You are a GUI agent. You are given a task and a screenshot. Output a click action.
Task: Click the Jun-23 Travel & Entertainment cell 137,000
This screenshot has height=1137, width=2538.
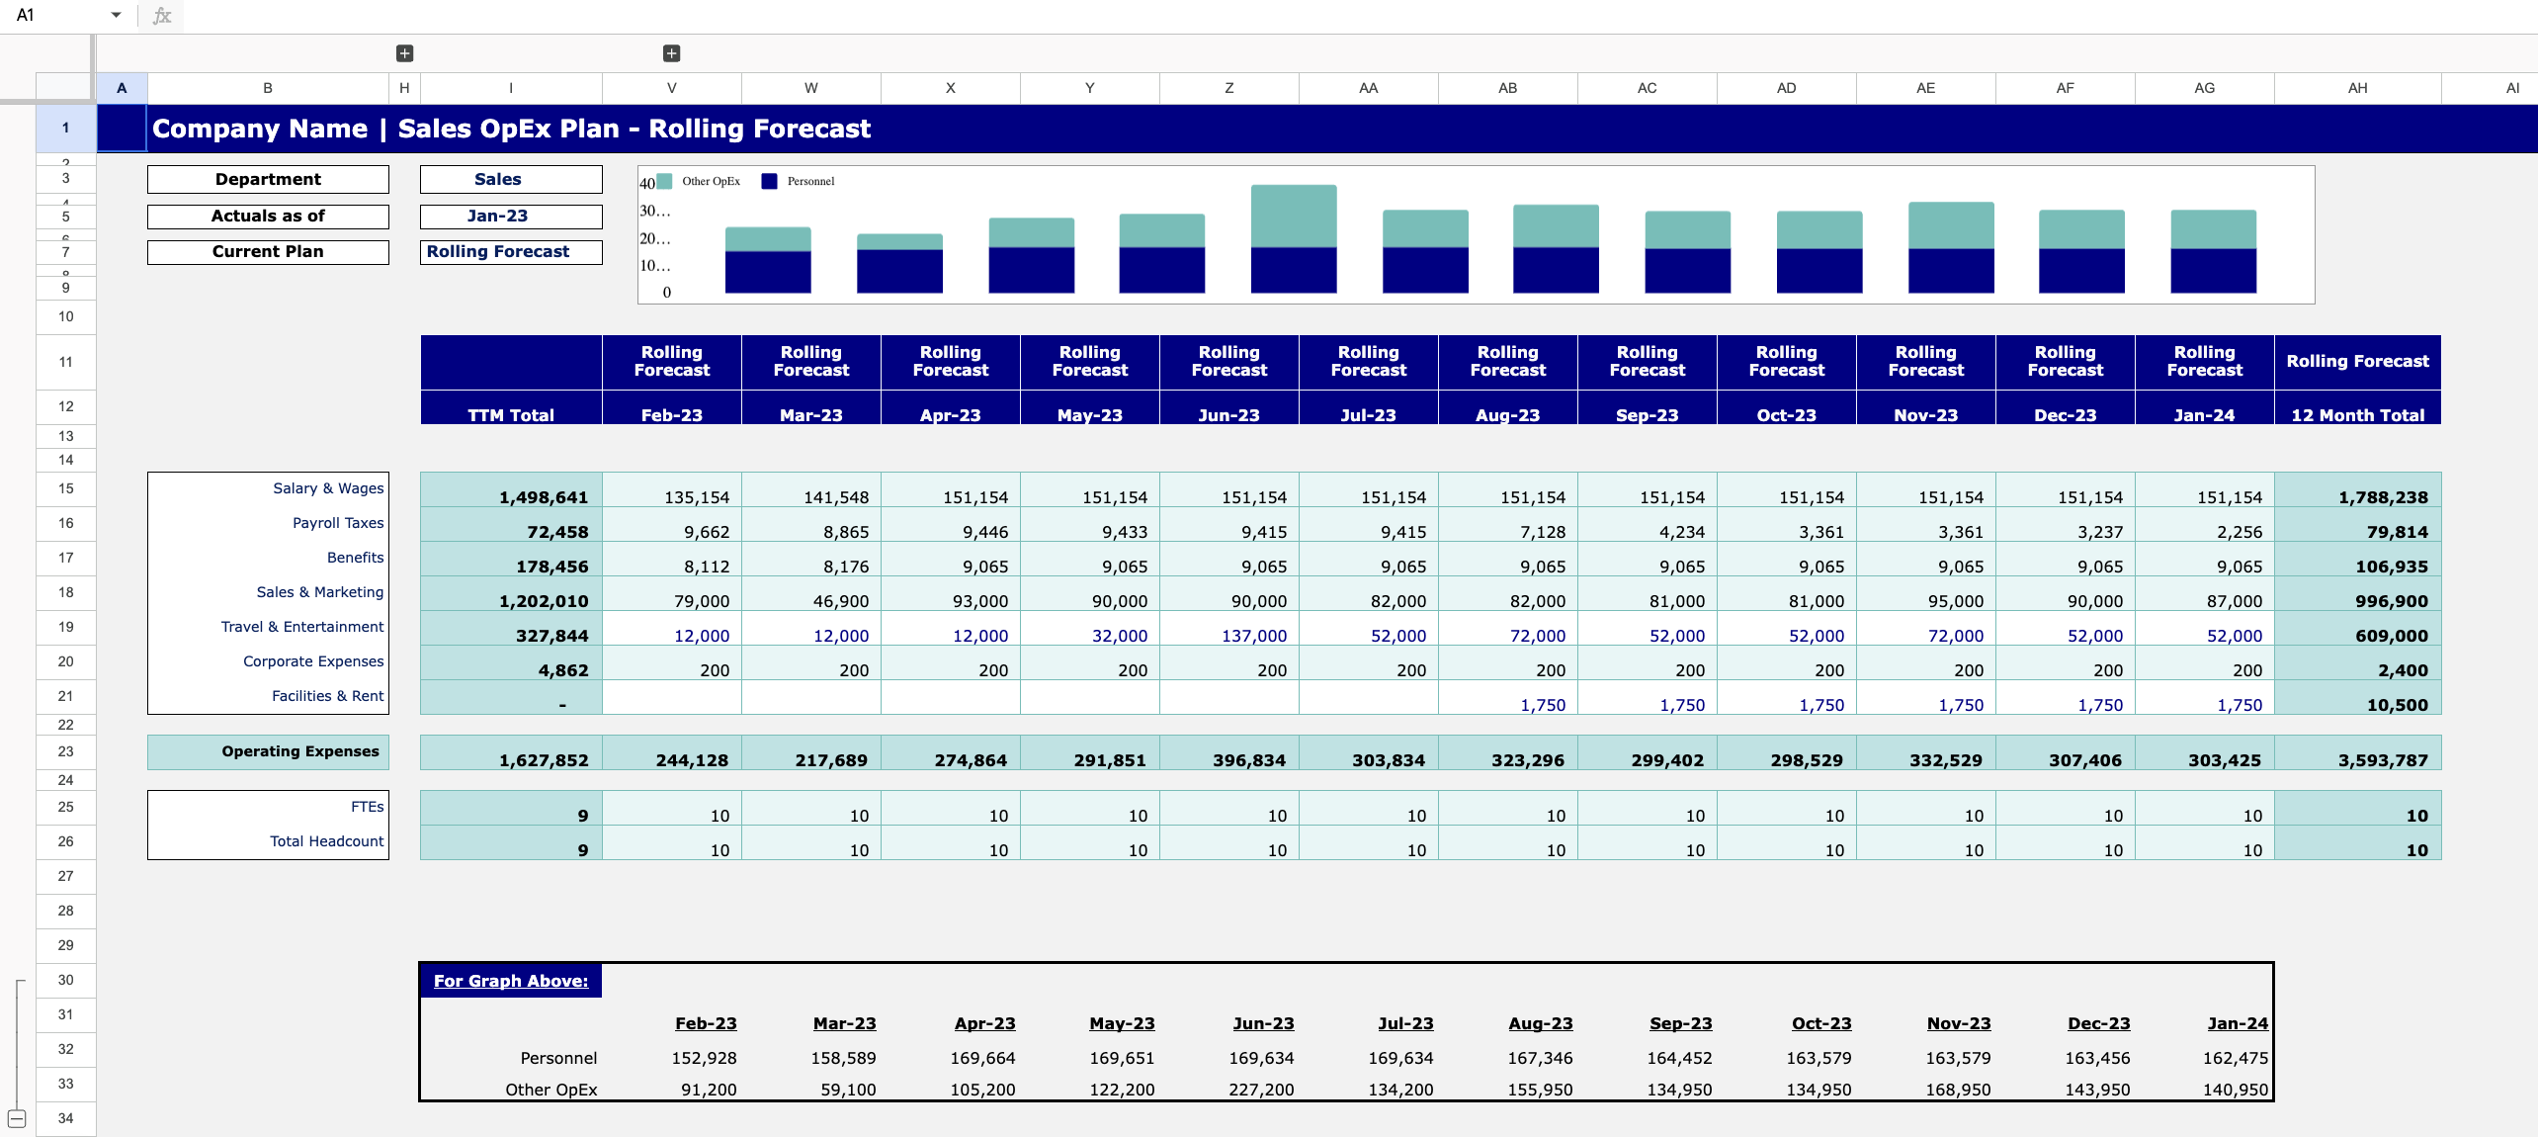point(1253,636)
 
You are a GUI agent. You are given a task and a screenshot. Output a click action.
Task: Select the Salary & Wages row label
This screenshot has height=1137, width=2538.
point(328,488)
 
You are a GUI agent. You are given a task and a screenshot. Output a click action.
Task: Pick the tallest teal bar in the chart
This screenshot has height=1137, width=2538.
point(1294,216)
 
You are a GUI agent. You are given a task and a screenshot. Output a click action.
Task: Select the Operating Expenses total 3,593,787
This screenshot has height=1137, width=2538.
point(2382,760)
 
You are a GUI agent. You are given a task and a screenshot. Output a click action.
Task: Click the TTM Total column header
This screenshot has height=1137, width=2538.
point(511,415)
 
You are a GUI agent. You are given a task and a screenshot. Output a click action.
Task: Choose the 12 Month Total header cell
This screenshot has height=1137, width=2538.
point(2357,415)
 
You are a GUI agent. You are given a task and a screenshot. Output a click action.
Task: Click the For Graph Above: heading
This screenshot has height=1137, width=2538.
point(511,981)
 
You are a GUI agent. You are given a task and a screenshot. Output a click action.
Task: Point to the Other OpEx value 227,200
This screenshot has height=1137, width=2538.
point(1261,1090)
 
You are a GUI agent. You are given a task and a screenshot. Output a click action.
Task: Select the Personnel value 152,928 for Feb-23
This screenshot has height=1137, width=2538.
point(704,1058)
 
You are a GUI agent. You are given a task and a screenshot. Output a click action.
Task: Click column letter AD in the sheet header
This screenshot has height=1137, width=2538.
point(1786,88)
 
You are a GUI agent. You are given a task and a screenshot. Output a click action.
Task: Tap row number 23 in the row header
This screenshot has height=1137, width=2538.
point(65,751)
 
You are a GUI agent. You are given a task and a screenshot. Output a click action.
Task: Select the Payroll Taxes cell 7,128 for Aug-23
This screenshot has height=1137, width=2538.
point(1542,532)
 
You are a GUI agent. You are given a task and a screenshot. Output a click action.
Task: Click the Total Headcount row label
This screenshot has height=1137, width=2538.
point(326,841)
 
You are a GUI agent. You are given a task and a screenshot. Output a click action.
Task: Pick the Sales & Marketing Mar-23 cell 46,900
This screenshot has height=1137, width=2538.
point(840,601)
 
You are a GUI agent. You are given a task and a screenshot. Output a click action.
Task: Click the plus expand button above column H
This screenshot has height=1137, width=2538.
point(404,53)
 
